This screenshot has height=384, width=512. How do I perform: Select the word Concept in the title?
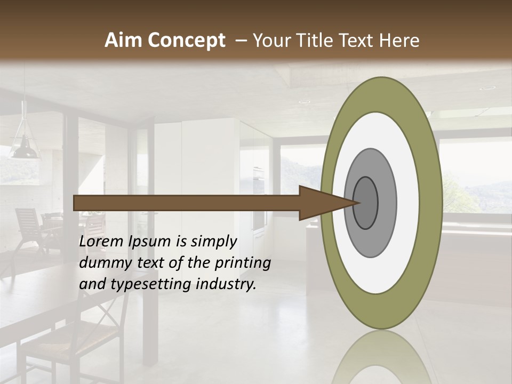tap(186, 41)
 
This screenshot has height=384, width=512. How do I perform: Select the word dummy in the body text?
tap(101, 263)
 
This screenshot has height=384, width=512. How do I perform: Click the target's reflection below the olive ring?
tap(382, 357)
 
